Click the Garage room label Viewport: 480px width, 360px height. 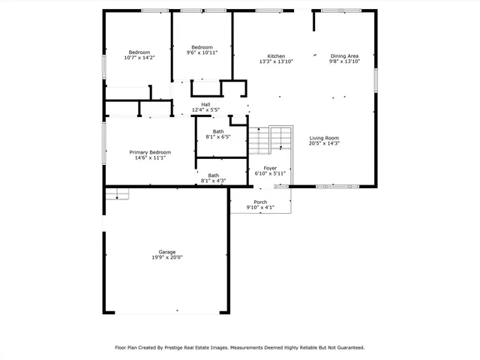[166, 251]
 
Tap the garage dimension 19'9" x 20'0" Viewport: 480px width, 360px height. [166, 257]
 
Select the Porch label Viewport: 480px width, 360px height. [260, 202]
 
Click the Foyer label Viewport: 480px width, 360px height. [270, 168]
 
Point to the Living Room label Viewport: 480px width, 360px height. [325, 138]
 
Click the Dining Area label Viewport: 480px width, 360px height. [344, 56]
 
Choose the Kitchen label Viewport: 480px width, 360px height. [276, 56]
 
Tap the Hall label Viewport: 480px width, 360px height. [205, 104]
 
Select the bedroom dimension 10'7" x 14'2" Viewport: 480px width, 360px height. [138, 58]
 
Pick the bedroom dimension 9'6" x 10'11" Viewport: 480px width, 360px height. [202, 52]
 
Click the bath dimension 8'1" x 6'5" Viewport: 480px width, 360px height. [217, 137]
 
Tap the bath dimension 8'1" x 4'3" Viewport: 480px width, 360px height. [213, 181]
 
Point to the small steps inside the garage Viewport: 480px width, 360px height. [117, 194]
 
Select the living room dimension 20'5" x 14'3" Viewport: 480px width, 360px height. [325, 143]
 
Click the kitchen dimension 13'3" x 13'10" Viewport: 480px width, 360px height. [276, 61]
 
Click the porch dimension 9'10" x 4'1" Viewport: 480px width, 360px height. [260, 208]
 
